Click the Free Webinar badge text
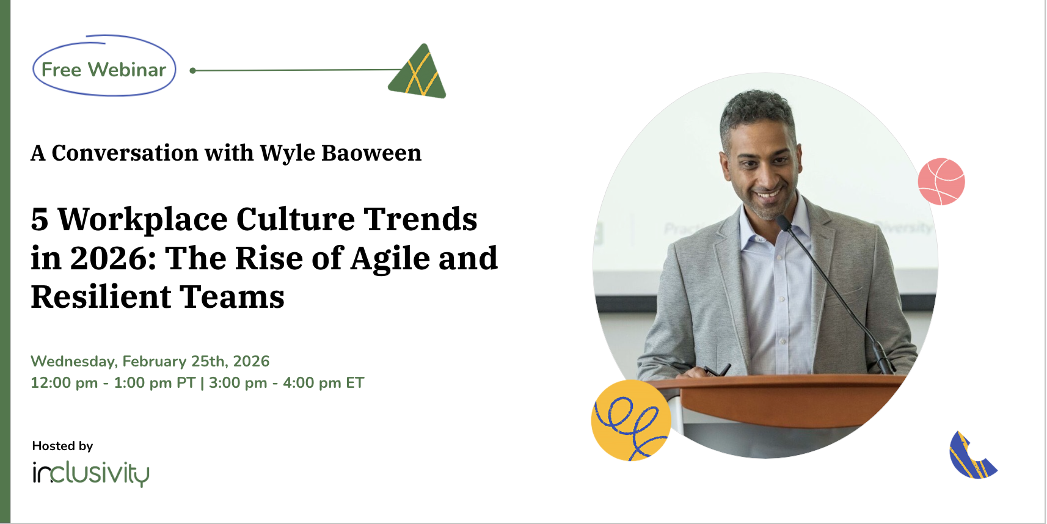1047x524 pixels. pyautogui.click(x=103, y=70)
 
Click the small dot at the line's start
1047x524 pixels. pyautogui.click(x=192, y=71)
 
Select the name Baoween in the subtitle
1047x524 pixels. pyautogui.click(x=371, y=153)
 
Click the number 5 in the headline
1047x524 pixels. pyautogui.click(x=40, y=219)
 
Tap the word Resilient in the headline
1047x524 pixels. pyautogui.click(x=100, y=297)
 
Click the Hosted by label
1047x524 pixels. pyautogui.click(x=63, y=446)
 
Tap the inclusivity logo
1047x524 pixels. pyautogui.click(x=91, y=473)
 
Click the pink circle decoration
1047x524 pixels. pyautogui.click(x=941, y=181)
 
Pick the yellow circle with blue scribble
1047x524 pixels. pyautogui.click(x=631, y=420)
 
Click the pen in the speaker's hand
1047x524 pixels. pyautogui.click(x=718, y=370)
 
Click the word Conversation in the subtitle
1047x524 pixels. pyautogui.click(x=125, y=153)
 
